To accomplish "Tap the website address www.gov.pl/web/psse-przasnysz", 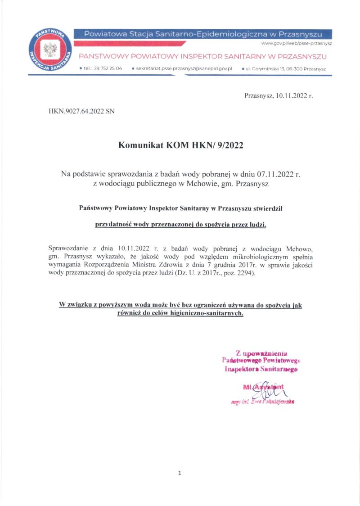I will [x=296, y=43].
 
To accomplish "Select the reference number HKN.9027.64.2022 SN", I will [x=81, y=110].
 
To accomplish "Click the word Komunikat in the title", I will [x=141, y=145].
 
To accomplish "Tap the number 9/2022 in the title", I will [x=229, y=145].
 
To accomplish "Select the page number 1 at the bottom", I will [x=180, y=473].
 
